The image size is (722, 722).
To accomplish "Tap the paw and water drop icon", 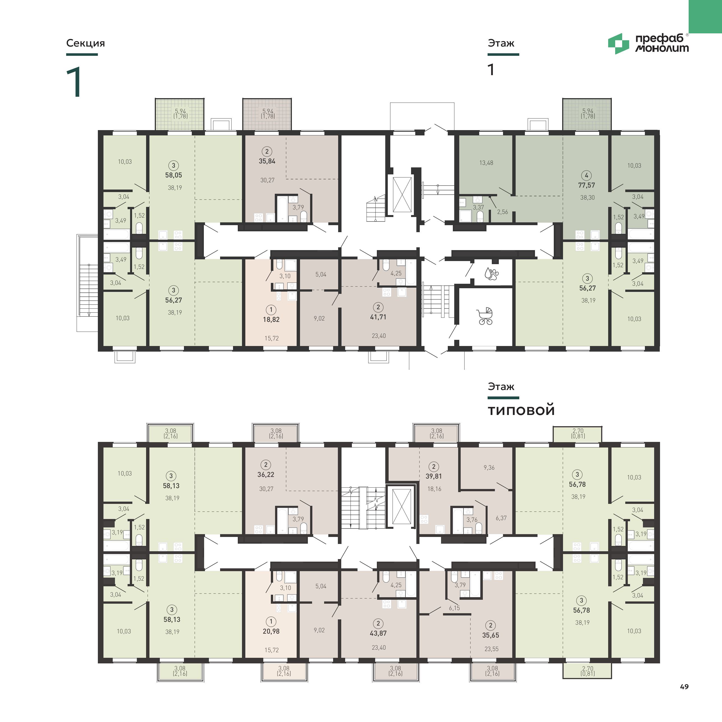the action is point(492,274).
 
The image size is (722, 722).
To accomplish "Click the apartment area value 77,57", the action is point(586,185).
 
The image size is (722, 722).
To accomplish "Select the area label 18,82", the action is point(271,320).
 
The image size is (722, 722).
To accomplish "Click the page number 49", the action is point(684,686).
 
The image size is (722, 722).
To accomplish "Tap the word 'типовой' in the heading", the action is point(521,410).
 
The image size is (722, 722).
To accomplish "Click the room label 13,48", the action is point(486,163).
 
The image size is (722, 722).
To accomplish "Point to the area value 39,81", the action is point(433,476).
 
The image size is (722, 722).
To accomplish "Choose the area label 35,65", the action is point(490,635).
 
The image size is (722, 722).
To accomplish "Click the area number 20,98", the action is point(271,631).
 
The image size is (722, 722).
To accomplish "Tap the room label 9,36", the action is point(489,467).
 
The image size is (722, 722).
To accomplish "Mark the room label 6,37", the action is point(501,518).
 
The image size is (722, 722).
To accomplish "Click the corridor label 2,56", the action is point(502,212).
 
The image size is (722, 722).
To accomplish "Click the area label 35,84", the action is point(267,161).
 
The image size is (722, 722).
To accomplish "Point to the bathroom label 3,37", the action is point(478,207).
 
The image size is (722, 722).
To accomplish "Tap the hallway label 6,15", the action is point(455,608).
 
